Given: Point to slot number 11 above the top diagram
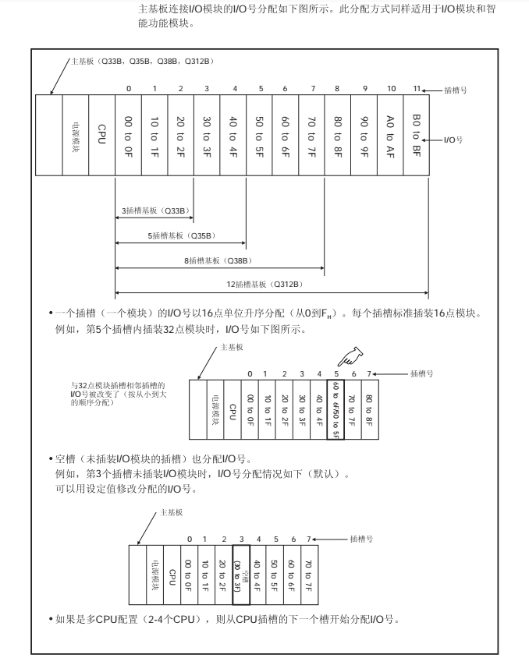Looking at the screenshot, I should tap(417, 88).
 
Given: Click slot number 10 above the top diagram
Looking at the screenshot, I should tap(390, 88).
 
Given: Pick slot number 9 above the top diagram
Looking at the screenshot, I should tap(364, 88).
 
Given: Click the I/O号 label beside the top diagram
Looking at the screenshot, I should tap(453, 140).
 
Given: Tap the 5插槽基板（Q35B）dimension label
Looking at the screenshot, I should tap(181, 235).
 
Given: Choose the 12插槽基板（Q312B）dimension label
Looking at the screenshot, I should tap(270, 285).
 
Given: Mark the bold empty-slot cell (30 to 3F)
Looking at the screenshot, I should tap(241, 576).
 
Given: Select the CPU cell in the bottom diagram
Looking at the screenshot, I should tap(170, 577).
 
